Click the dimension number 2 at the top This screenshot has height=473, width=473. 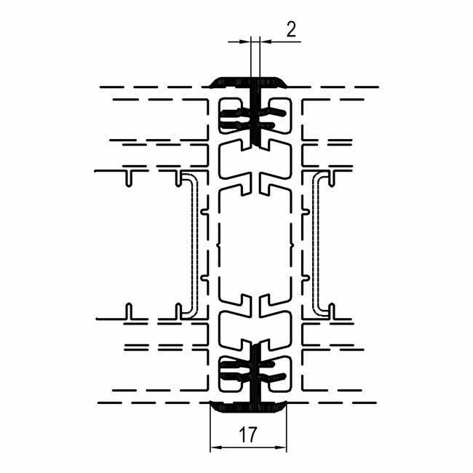coord(291,30)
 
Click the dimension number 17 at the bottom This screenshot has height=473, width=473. coord(248,434)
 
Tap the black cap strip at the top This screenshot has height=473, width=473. coord(248,82)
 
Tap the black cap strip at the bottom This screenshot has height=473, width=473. coord(248,407)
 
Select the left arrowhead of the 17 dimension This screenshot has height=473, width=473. coord(215,448)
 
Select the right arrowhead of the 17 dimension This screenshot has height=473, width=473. coord(282,448)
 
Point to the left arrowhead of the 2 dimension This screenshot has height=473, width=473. coord(246,41)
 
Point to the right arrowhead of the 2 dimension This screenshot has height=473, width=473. coord(265,41)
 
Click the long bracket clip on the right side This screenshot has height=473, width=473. coord(316,245)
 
